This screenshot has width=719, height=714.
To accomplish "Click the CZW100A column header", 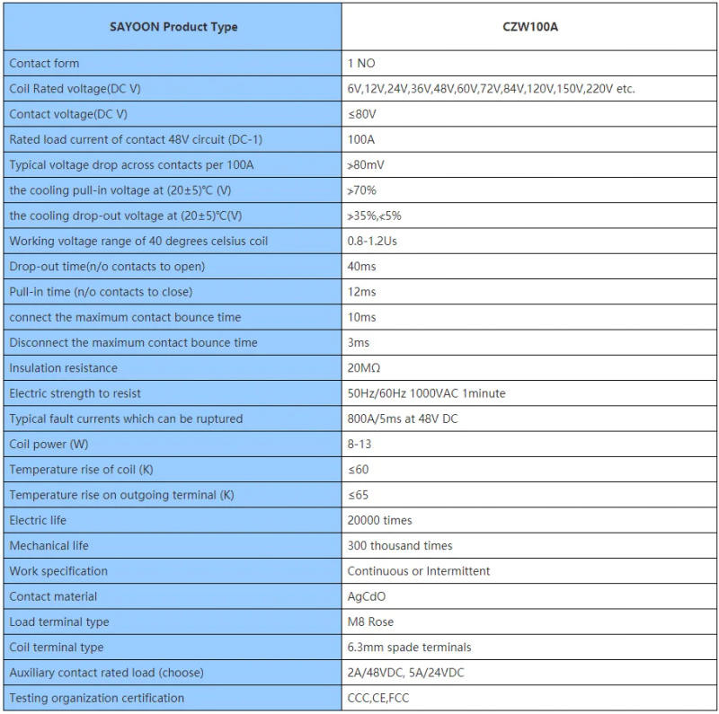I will tap(530, 27).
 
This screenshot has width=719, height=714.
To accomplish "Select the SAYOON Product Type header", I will tap(173, 27).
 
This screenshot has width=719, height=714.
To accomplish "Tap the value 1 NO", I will tap(361, 64).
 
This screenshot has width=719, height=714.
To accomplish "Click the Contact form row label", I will tap(44, 64).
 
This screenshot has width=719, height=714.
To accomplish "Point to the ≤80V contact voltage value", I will tap(362, 114).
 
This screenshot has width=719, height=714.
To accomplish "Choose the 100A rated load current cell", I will tap(361, 140).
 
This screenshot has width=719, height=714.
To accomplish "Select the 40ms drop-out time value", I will tap(361, 267).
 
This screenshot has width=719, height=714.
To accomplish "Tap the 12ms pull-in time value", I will tap(361, 292).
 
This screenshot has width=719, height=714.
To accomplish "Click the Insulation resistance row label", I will tap(63, 368).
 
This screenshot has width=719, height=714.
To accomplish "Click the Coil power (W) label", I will tap(49, 445).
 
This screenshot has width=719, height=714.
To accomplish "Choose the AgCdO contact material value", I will tap(368, 596).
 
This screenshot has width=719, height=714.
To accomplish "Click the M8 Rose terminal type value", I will tap(370, 621).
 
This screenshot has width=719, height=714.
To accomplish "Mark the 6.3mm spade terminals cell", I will tap(409, 648).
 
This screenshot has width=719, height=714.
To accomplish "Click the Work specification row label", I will tap(58, 571).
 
